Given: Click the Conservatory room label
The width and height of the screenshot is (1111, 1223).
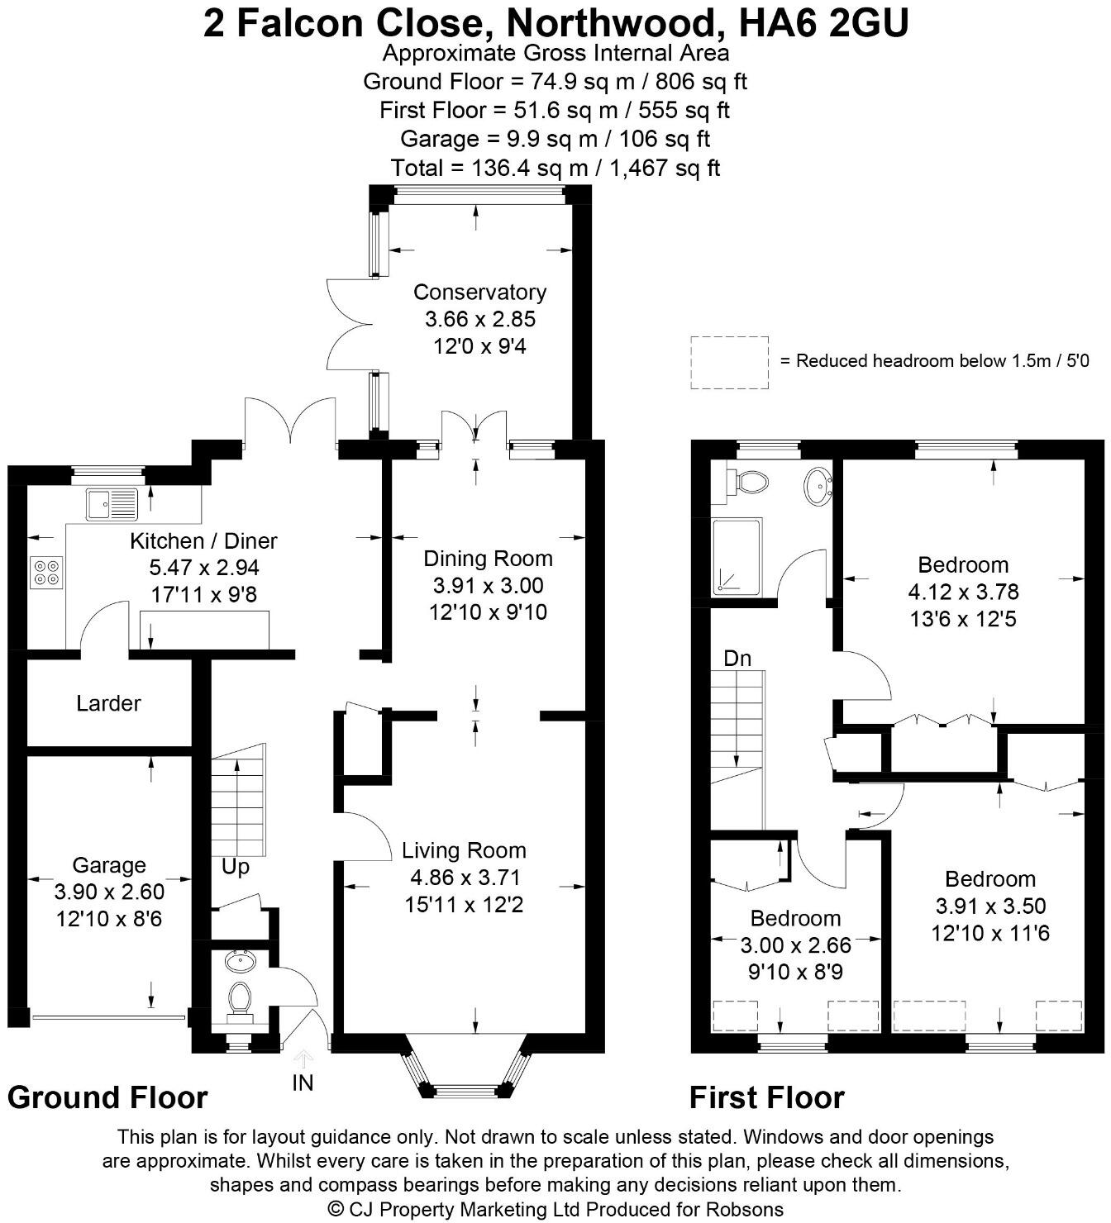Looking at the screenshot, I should click(x=479, y=292).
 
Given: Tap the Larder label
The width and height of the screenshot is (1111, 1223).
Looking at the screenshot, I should click(x=108, y=703).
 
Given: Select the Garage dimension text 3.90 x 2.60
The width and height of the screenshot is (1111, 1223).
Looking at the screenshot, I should click(x=109, y=892).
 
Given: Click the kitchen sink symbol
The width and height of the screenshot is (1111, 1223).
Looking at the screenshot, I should click(x=111, y=504).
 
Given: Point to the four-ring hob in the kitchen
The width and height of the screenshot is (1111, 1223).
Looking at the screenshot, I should click(x=46, y=573).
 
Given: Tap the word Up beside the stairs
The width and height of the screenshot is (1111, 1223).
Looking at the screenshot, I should click(x=235, y=868).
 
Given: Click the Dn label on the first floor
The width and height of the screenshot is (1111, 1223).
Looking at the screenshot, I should click(x=737, y=659).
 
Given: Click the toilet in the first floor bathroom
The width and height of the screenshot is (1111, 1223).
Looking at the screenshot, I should click(x=748, y=481).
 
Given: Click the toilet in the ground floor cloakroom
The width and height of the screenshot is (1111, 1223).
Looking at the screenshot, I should click(x=240, y=999).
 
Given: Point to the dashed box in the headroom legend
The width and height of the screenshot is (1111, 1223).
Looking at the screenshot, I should click(x=729, y=362).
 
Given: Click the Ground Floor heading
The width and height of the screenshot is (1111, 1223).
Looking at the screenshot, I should click(x=107, y=1097).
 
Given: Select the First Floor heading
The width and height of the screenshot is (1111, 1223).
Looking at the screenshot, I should click(x=766, y=1097).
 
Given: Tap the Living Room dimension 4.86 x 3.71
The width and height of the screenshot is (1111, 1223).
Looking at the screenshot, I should click(x=463, y=878).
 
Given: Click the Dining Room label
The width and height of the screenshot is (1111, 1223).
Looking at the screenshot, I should click(x=488, y=559).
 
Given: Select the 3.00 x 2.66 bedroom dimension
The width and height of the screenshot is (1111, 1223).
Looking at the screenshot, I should click(x=795, y=945).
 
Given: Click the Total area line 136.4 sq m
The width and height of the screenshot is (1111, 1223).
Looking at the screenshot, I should click(x=555, y=168).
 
